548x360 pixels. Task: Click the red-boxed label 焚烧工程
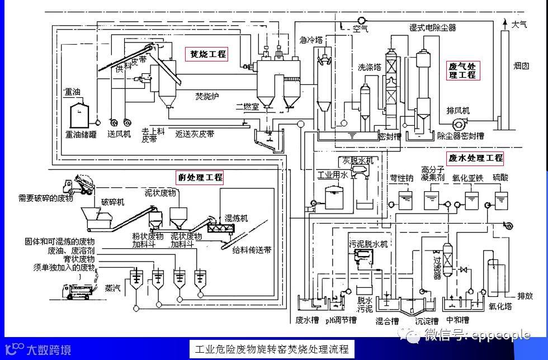(x=208, y=54)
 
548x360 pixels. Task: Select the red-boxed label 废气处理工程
(x=462, y=70)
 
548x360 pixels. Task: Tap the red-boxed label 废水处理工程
(x=475, y=158)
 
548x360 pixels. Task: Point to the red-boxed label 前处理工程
(x=200, y=178)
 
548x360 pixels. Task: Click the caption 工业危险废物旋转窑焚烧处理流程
(x=273, y=350)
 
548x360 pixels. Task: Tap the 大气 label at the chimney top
(x=519, y=24)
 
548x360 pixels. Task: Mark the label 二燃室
(x=247, y=106)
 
